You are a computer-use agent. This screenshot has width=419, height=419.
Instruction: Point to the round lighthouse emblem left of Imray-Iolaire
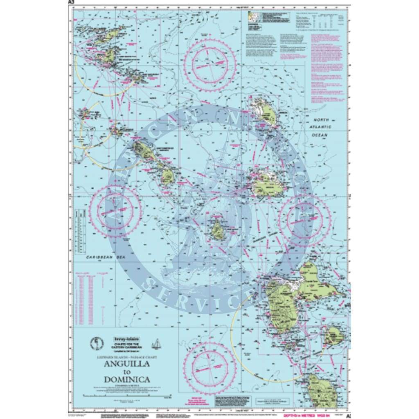point(96,343)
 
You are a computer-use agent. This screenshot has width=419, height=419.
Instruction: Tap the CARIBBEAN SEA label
point(102,258)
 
